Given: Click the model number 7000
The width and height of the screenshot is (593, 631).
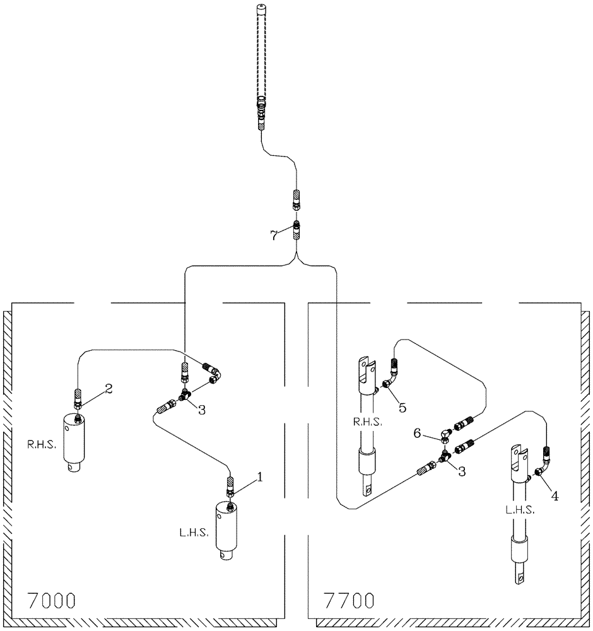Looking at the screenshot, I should coord(51,599).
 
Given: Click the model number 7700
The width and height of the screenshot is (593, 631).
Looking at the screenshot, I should coord(348,599).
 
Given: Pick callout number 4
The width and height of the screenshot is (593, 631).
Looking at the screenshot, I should coord(554,496).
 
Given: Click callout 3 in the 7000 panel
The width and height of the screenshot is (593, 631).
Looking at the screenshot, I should coord(201,410).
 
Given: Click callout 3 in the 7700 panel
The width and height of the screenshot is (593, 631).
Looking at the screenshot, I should coord(462,471).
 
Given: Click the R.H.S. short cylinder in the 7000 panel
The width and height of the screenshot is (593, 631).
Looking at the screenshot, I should coord(76,442).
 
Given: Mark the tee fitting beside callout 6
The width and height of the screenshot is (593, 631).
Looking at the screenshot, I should coord(446,435).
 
